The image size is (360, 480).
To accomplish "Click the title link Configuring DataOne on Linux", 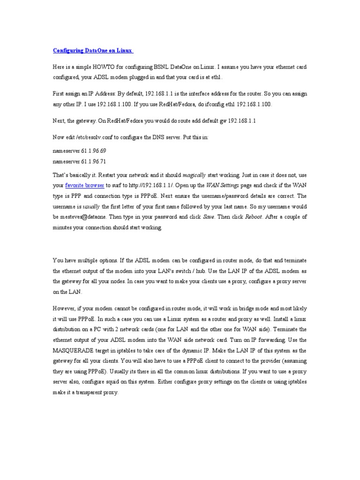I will tap(93, 50).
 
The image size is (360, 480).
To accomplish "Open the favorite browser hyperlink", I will tap(85, 185).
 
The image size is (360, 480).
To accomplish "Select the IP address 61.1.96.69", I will tap(94, 152).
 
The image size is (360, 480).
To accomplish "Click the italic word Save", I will tap(209, 217).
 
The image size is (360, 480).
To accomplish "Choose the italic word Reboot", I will tap(253, 217).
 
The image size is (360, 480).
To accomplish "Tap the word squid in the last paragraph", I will tap(109, 382).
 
